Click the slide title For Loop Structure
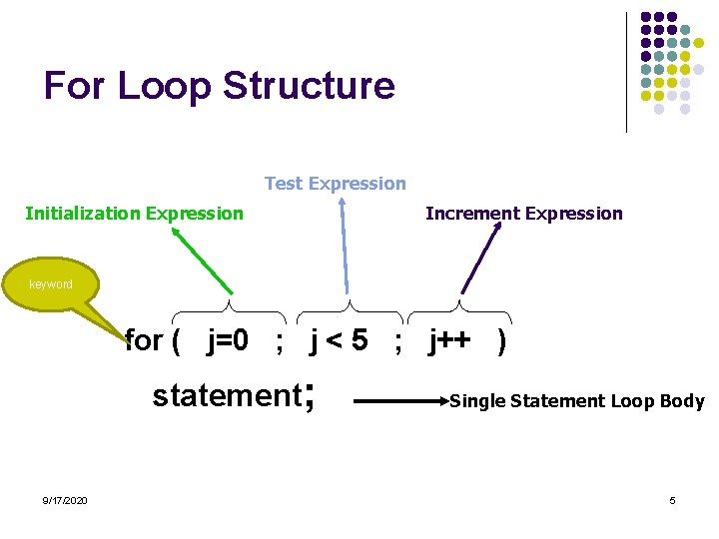point(219,85)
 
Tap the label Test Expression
point(335,184)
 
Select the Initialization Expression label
point(134,213)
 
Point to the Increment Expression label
point(523,213)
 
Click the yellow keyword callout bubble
point(51,284)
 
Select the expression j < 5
point(339,341)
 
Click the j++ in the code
point(450,341)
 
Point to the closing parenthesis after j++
point(501,341)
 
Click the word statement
point(226,395)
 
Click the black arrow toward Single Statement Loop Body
point(399,401)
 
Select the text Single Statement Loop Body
point(577,401)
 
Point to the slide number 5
point(672,500)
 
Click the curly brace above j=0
point(230,307)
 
